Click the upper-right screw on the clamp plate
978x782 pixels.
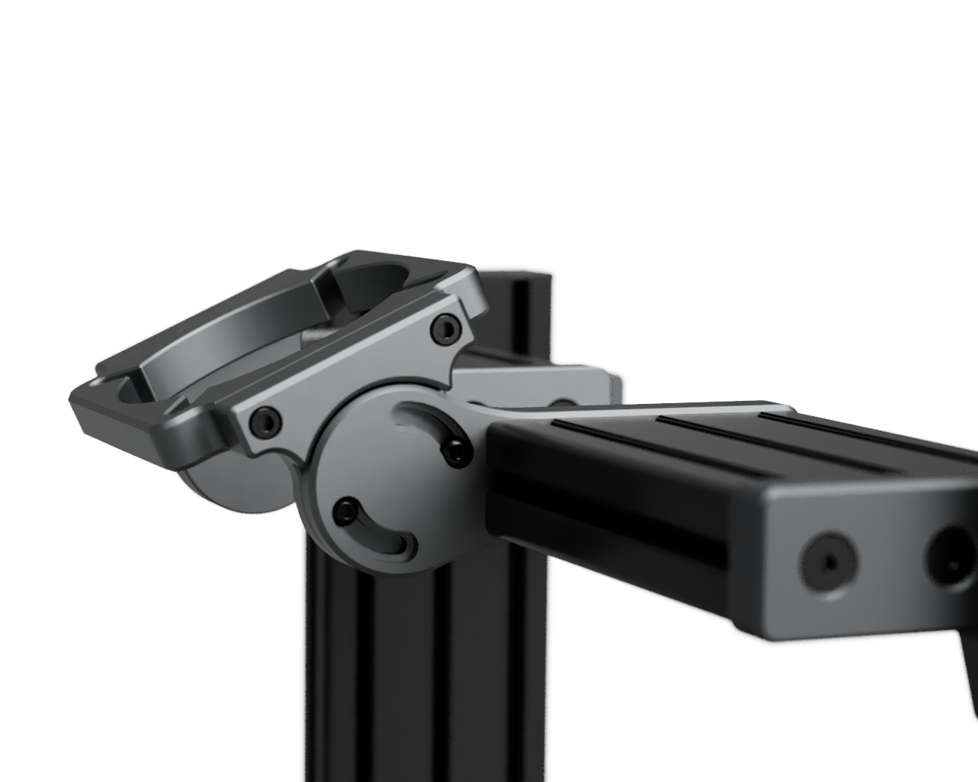click(446, 329)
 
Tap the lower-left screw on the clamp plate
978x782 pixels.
click(265, 419)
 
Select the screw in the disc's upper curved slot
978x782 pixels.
click(456, 451)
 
